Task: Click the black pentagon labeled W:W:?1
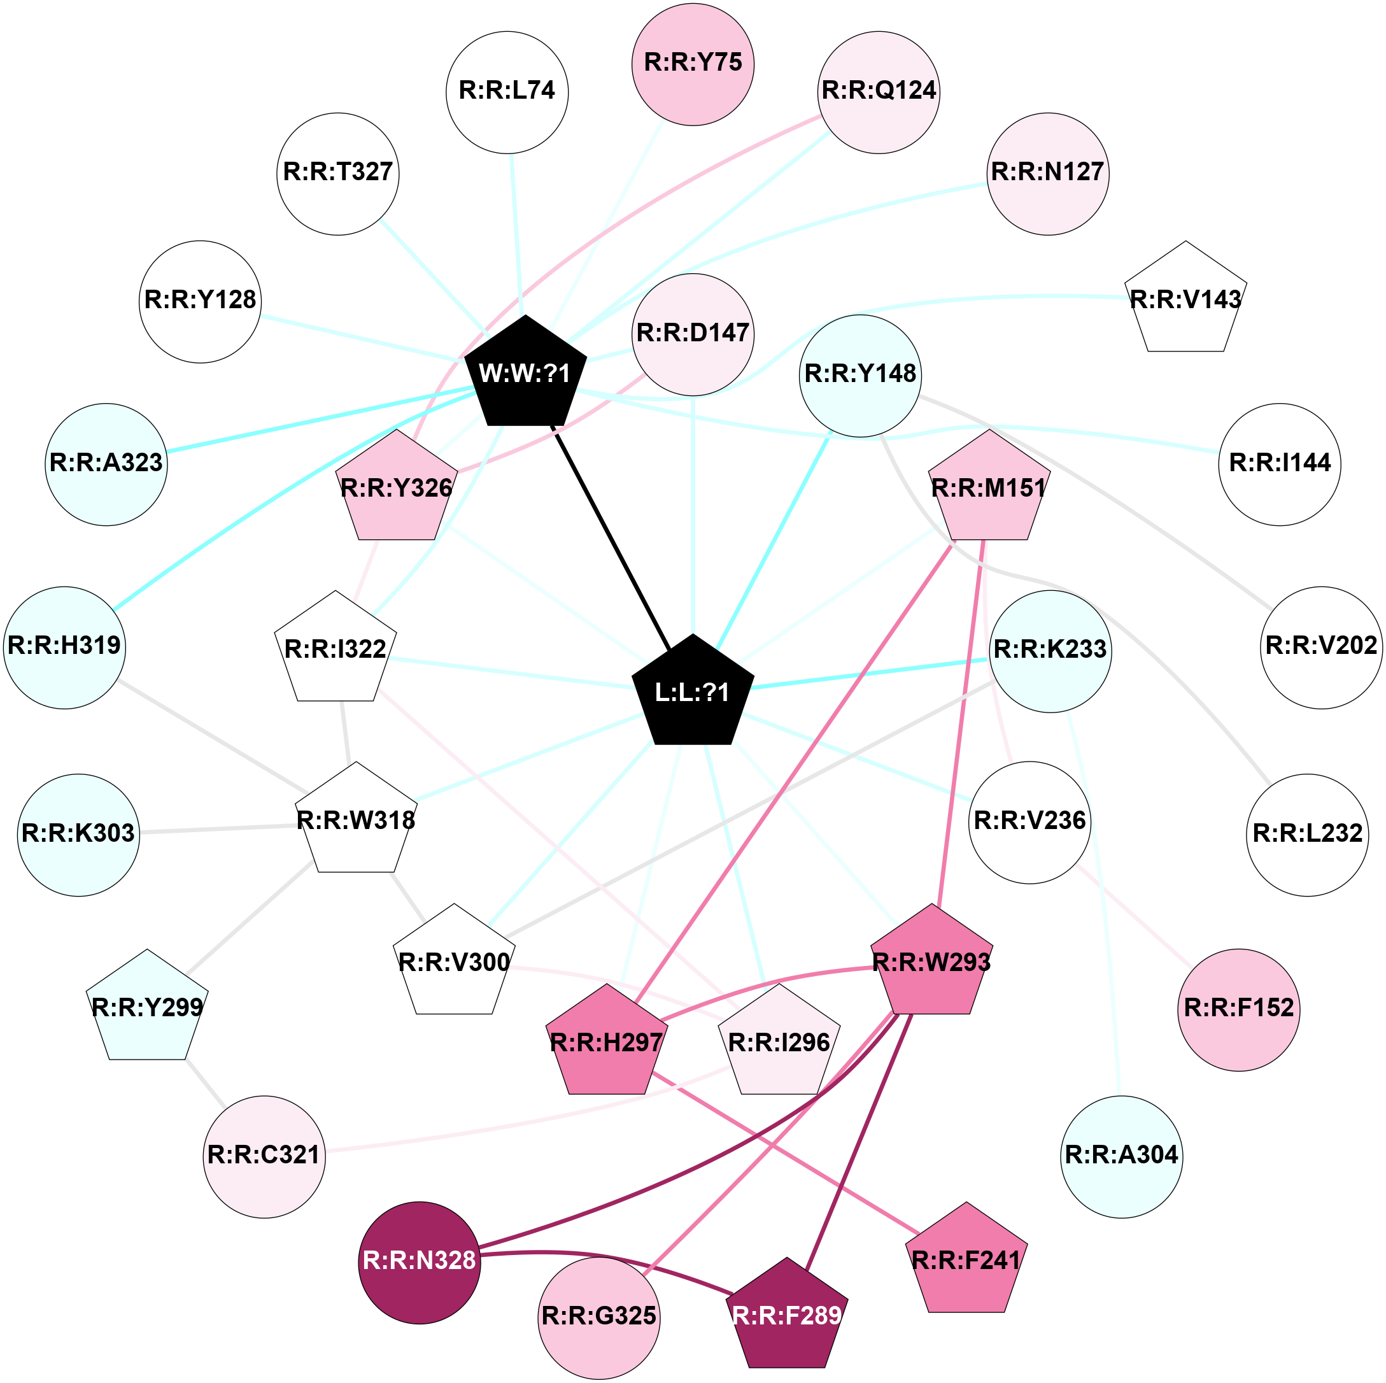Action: tap(525, 374)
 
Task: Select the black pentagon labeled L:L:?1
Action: tap(692, 693)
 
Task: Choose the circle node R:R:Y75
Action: tap(692, 64)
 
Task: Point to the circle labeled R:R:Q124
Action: tap(878, 92)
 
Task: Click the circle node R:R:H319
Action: tap(64, 647)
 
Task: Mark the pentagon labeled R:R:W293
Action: tap(931, 963)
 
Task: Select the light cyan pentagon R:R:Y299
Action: tap(147, 1009)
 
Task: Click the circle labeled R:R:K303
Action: tap(78, 834)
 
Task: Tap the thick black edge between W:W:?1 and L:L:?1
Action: tap(610, 535)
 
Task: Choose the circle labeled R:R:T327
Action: tap(337, 173)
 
